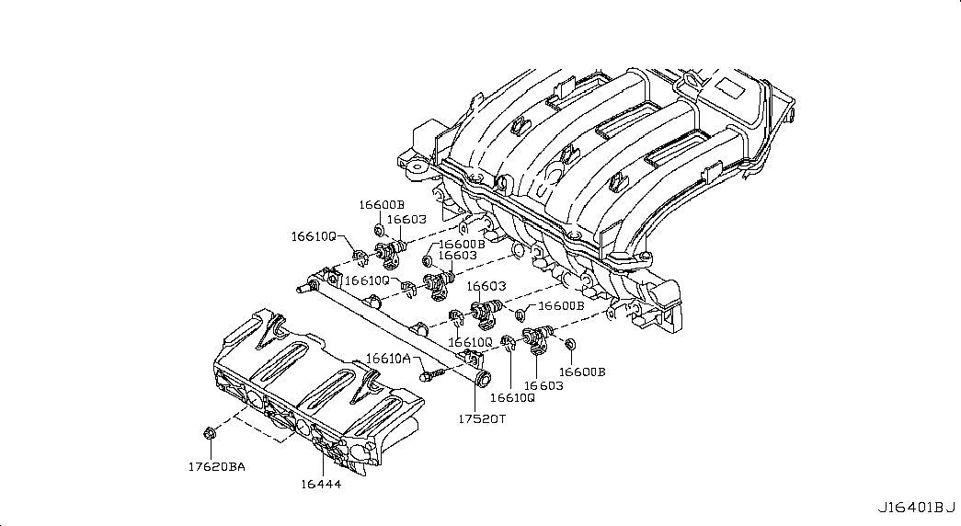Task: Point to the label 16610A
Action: (388, 359)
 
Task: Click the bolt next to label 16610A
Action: (429, 374)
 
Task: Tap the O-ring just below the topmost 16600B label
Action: (379, 229)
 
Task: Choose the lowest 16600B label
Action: (582, 372)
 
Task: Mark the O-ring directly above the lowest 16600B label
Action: (568, 345)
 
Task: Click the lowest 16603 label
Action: (543, 385)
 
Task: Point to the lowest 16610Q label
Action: (512, 397)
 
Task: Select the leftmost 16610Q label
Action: (314, 236)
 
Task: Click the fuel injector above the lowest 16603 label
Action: (536, 337)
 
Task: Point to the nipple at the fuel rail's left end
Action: (301, 287)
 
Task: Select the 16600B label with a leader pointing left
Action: (561, 305)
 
